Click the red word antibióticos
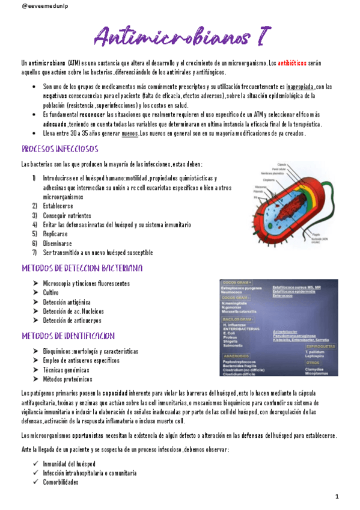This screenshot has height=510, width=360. coord(292,63)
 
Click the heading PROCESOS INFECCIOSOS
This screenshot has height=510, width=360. coord(59,149)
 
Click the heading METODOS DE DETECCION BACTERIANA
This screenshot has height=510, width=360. coord(82,268)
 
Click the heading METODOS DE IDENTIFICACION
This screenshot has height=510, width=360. coord(68,335)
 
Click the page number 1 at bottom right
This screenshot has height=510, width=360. coord(337,497)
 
